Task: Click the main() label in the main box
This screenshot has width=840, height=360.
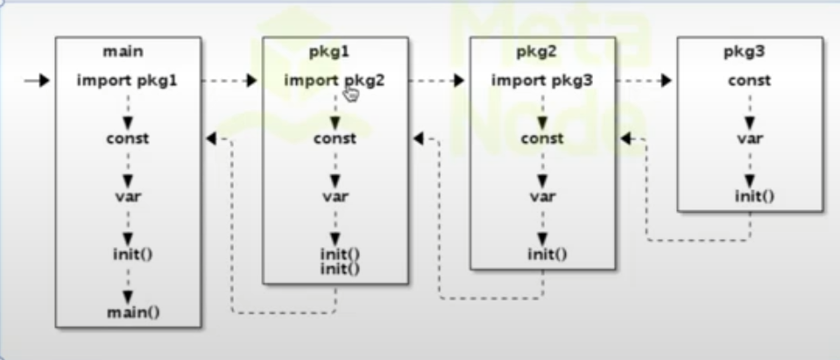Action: [128, 312]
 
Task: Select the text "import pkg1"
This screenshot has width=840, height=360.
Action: [127, 81]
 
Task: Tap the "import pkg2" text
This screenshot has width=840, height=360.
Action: [334, 81]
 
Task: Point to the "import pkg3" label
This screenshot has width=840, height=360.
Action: [542, 81]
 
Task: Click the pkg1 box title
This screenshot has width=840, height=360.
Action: [334, 52]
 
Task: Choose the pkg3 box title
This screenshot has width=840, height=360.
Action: [749, 52]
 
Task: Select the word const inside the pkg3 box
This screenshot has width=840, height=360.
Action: [749, 81]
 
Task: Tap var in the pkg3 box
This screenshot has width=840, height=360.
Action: [749, 138]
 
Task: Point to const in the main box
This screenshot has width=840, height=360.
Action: [128, 138]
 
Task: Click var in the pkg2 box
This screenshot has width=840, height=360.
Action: [542, 195]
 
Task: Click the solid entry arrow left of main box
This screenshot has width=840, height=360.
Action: [37, 81]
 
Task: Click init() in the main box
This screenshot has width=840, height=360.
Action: [128, 254]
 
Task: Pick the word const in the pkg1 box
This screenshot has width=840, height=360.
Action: [335, 138]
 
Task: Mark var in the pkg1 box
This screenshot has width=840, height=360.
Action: [335, 195]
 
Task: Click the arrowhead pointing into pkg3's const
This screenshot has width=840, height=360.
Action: [667, 81]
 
